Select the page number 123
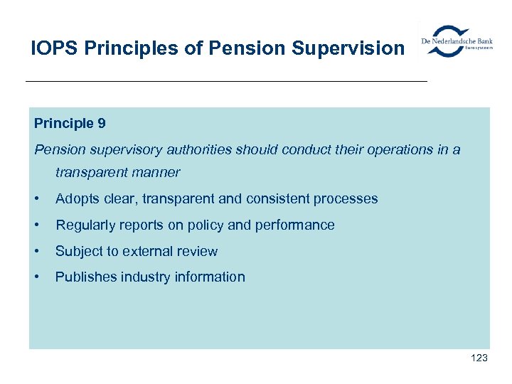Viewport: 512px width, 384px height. pyautogui.click(x=479, y=358)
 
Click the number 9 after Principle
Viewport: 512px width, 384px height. pyautogui.click(x=102, y=123)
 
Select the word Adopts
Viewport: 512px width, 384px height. pyautogui.click(x=77, y=198)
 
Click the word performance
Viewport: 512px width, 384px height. pyautogui.click(x=294, y=225)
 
